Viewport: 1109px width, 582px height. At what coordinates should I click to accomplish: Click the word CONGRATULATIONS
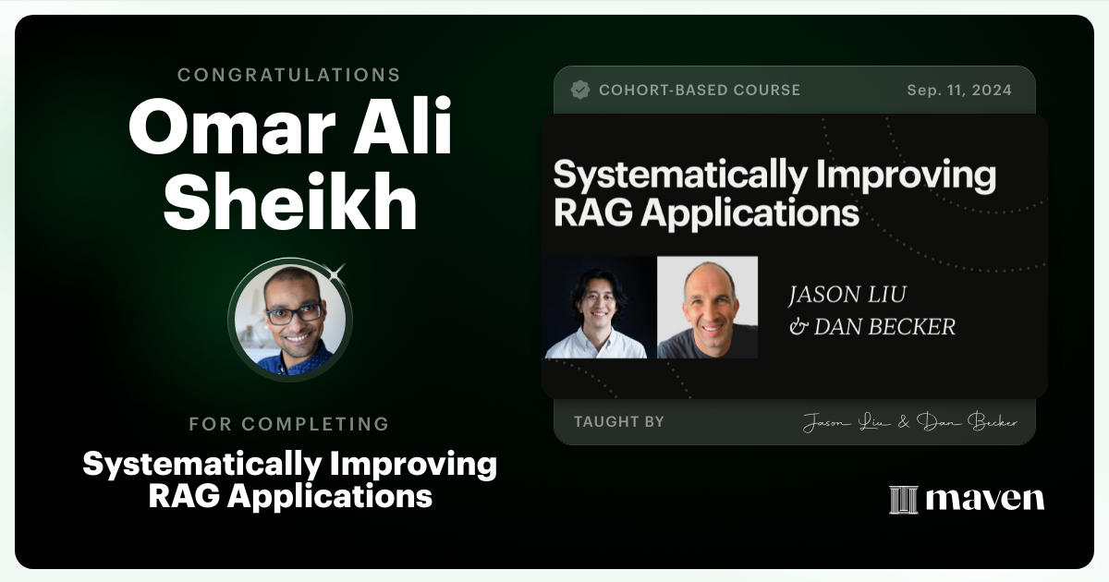point(289,75)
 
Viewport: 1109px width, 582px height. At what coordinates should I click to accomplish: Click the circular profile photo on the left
point(290,320)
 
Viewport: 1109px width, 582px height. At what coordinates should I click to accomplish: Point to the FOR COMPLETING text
point(289,424)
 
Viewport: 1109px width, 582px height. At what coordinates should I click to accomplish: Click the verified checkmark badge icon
point(580,90)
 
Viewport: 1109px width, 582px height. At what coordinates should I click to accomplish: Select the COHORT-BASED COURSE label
point(700,91)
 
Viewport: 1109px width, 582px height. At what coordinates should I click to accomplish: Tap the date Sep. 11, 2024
point(959,91)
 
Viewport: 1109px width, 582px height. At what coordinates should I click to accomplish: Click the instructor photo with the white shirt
point(596,308)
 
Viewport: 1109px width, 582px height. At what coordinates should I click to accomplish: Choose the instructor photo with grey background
point(707,308)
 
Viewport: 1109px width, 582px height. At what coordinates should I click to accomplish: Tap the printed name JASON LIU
point(847,296)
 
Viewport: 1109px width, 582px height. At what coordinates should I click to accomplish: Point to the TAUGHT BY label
point(618,422)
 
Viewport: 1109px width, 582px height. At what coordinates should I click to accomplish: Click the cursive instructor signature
point(909,423)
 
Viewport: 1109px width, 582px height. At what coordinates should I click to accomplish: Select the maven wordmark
point(984,499)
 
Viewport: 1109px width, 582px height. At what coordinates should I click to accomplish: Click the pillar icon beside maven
point(903,500)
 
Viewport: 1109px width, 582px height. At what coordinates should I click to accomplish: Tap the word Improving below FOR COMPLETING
point(410,464)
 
